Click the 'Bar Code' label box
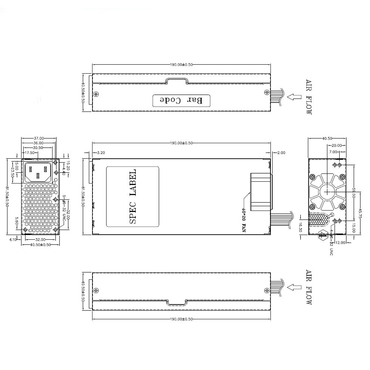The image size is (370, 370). [x=181, y=101]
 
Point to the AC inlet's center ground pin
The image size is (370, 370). [x=38, y=175]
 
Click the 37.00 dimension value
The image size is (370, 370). [x=39, y=138]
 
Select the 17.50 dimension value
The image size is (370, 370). [x=29, y=152]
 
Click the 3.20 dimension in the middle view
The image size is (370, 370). [x=101, y=152]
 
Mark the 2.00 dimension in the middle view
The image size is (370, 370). [x=281, y=152]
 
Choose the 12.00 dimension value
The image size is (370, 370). [x=341, y=243]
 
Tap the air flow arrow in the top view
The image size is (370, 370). [x=295, y=97]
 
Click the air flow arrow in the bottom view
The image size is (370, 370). [x=295, y=287]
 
